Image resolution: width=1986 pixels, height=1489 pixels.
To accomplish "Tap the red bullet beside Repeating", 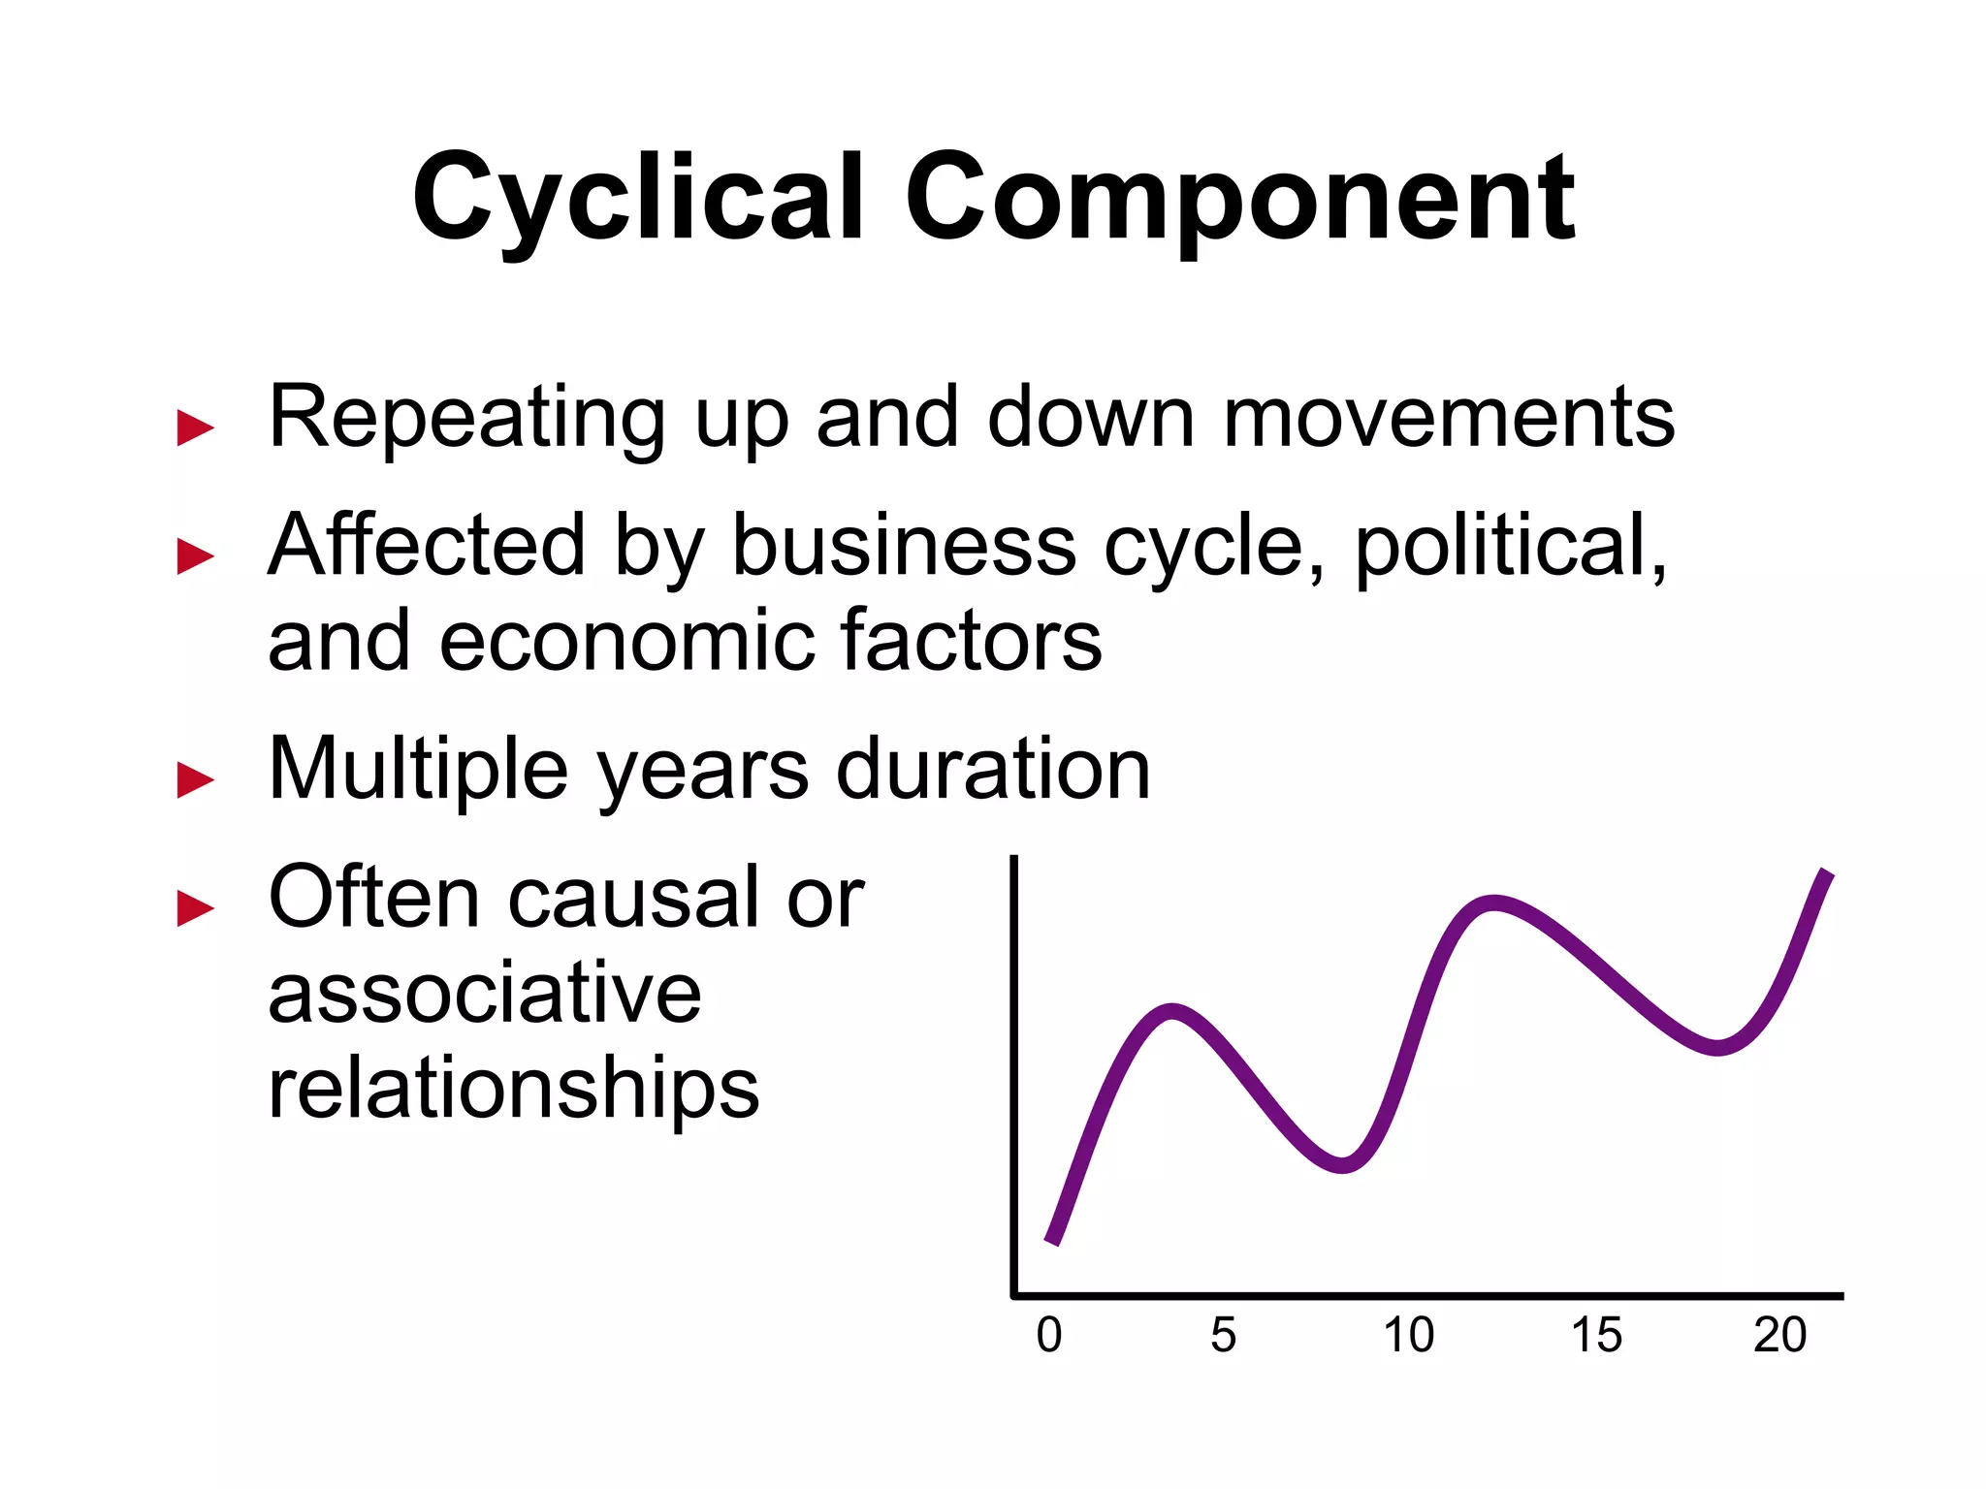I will [195, 428].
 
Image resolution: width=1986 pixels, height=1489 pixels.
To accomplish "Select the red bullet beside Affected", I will [195, 556].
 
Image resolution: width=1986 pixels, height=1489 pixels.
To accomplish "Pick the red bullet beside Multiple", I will [195, 779].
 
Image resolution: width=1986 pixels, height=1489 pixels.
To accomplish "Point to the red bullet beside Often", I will [195, 908].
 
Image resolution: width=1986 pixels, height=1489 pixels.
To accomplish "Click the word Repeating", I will [466, 419].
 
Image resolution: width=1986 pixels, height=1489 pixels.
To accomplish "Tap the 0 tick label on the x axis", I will [1049, 1335].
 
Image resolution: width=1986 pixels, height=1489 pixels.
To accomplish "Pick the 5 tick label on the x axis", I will [1224, 1335].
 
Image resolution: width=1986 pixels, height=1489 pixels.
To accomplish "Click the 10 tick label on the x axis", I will [1408, 1335].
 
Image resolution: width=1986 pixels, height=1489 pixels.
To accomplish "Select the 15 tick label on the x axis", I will [1596, 1335].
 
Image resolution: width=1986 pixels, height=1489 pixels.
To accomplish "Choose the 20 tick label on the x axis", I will [1780, 1335].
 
